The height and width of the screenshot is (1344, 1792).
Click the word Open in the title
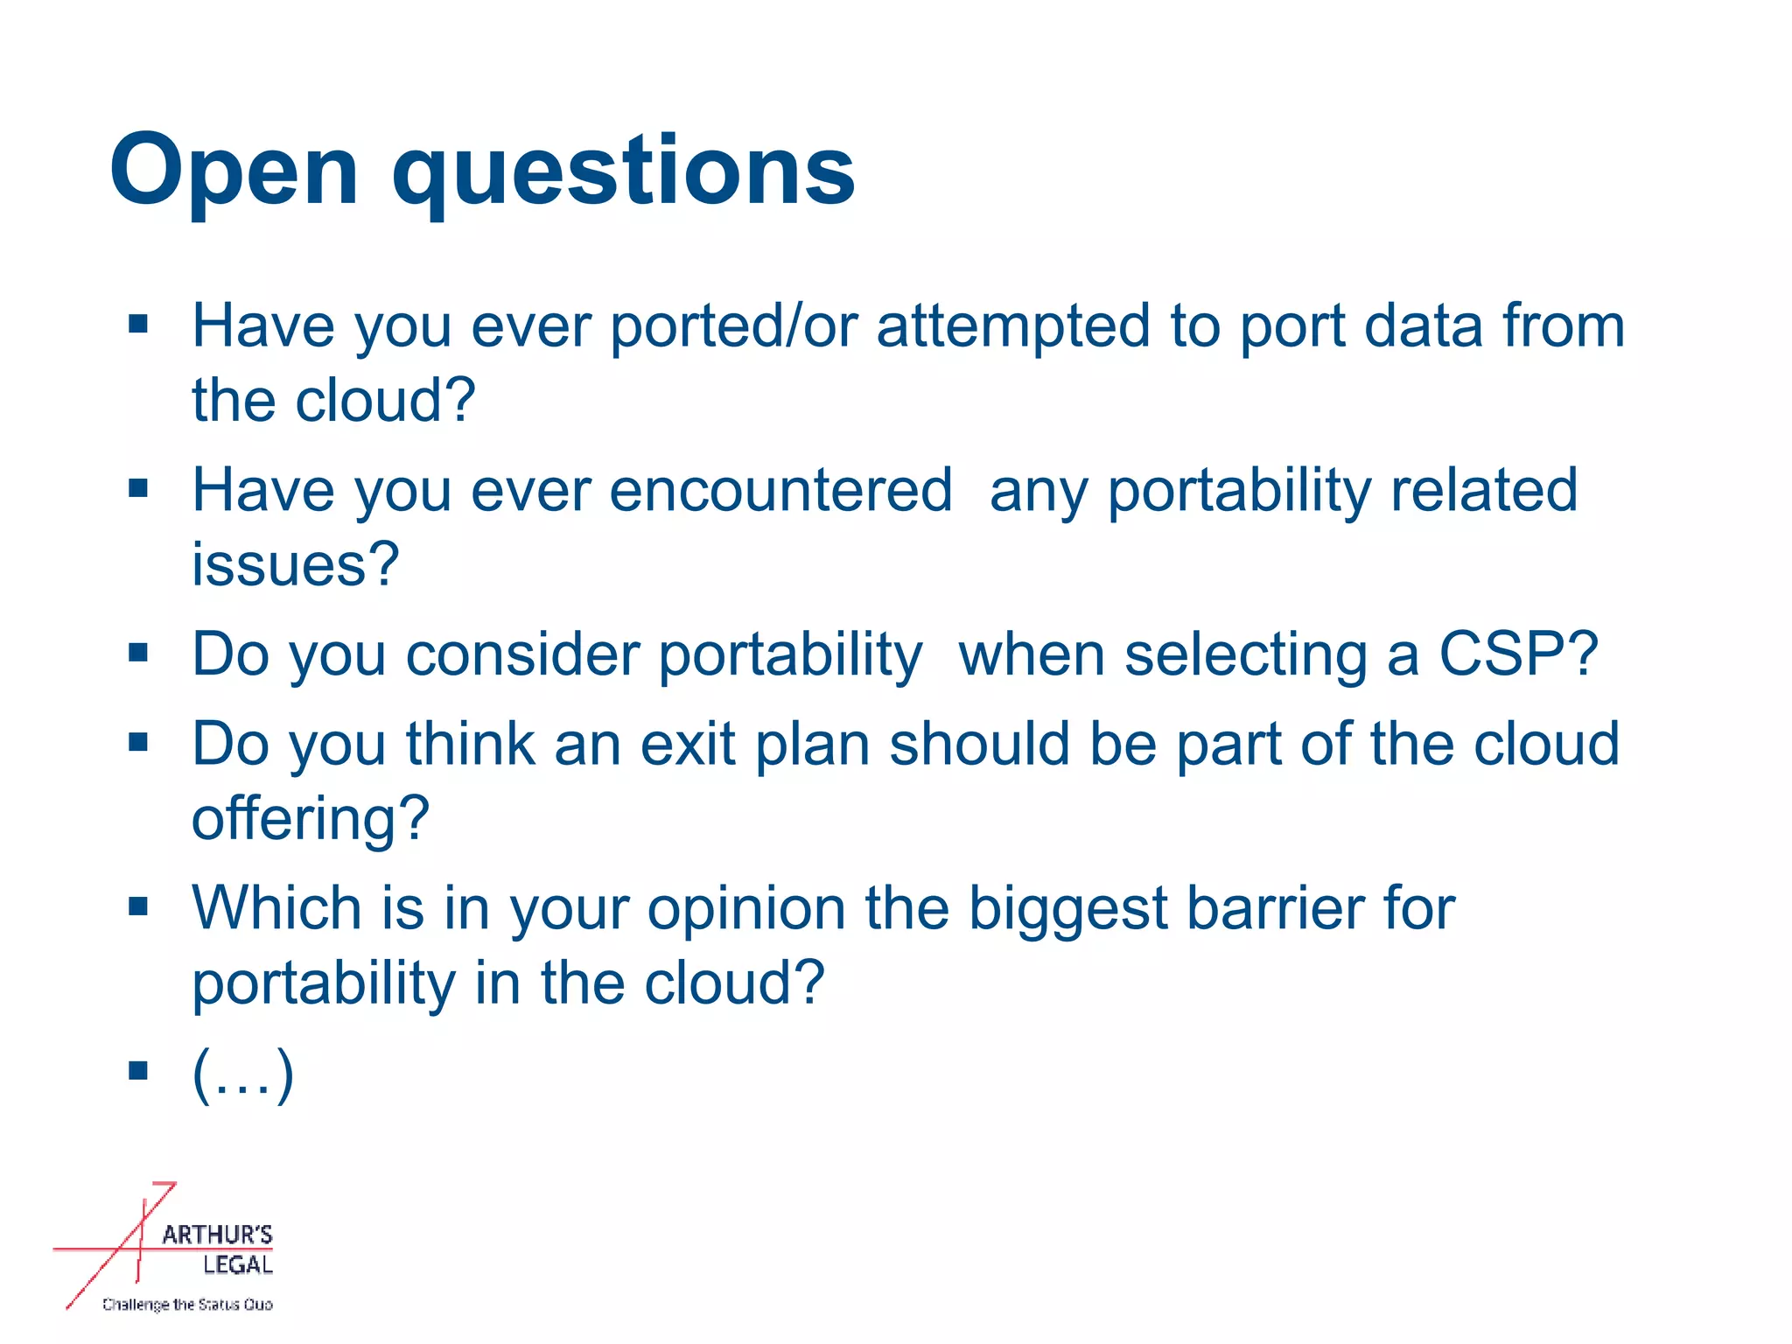pyautogui.click(x=234, y=171)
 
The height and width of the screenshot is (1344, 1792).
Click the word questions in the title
pyautogui.click(x=623, y=171)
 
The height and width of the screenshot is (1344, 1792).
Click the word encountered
pyautogui.click(x=780, y=490)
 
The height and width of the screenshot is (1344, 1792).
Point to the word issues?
pyautogui.click(x=295, y=565)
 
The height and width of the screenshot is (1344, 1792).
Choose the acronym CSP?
pyautogui.click(x=1519, y=654)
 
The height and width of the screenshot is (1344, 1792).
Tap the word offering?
pyautogui.click(x=311, y=820)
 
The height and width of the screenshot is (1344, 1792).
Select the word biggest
pyautogui.click(x=1068, y=908)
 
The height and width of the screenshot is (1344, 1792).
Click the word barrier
pyautogui.click(x=1273, y=908)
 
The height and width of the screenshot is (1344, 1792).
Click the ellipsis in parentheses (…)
pyautogui.click(x=243, y=1073)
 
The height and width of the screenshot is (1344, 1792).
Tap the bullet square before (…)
pyautogui.click(x=138, y=1070)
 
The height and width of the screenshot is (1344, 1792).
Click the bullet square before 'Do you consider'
pyautogui.click(x=138, y=652)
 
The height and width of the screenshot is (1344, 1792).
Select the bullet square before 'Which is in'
pyautogui.click(x=138, y=906)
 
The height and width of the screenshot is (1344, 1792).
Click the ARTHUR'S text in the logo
pyautogui.click(x=217, y=1235)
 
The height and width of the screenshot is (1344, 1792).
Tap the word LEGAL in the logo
pyautogui.click(x=237, y=1264)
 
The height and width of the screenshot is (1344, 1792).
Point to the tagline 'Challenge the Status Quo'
pyautogui.click(x=187, y=1305)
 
